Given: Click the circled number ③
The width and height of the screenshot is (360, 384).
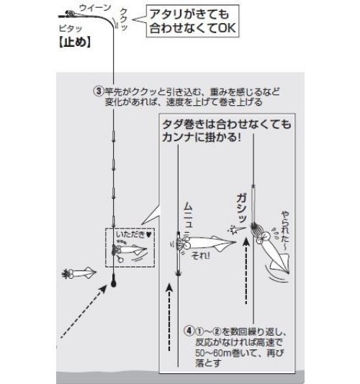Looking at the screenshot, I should coord(99,92).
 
